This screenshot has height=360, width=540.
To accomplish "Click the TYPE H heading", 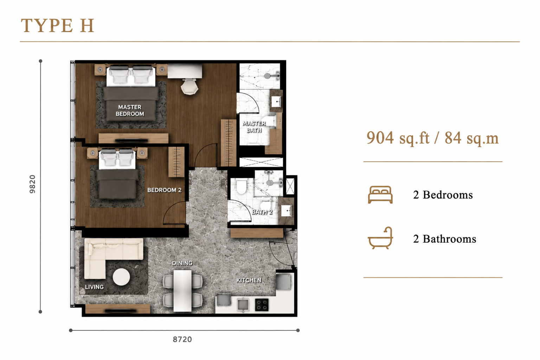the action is pos(57,25).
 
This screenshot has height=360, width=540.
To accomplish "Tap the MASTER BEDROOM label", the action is pos(130,110).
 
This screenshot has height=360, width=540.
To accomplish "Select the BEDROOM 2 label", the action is pos(164,190).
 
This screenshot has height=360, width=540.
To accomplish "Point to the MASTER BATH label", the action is pos(254,127).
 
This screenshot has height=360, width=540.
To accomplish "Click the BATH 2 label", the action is pos(262,212).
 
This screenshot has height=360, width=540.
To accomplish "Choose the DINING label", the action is pos(182,263).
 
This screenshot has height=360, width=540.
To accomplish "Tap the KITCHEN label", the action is pos(249,280).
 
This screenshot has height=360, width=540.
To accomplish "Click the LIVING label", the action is pos(94,287).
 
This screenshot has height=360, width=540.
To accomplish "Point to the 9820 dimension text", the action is pos(32,184).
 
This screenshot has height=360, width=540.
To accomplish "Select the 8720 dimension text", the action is pos(182,340).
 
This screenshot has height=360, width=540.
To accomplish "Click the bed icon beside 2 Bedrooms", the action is pos(380,194).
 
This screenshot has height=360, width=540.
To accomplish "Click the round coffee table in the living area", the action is pos(121,277).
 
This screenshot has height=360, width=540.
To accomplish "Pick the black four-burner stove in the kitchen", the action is pos(262,305).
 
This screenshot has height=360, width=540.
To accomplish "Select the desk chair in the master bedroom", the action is pos(189,87).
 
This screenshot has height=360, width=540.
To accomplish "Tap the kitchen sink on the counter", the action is pos(243,304).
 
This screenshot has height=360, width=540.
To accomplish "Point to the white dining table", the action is pos(182,291).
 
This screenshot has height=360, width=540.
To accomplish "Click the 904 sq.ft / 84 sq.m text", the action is pos(432,138).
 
